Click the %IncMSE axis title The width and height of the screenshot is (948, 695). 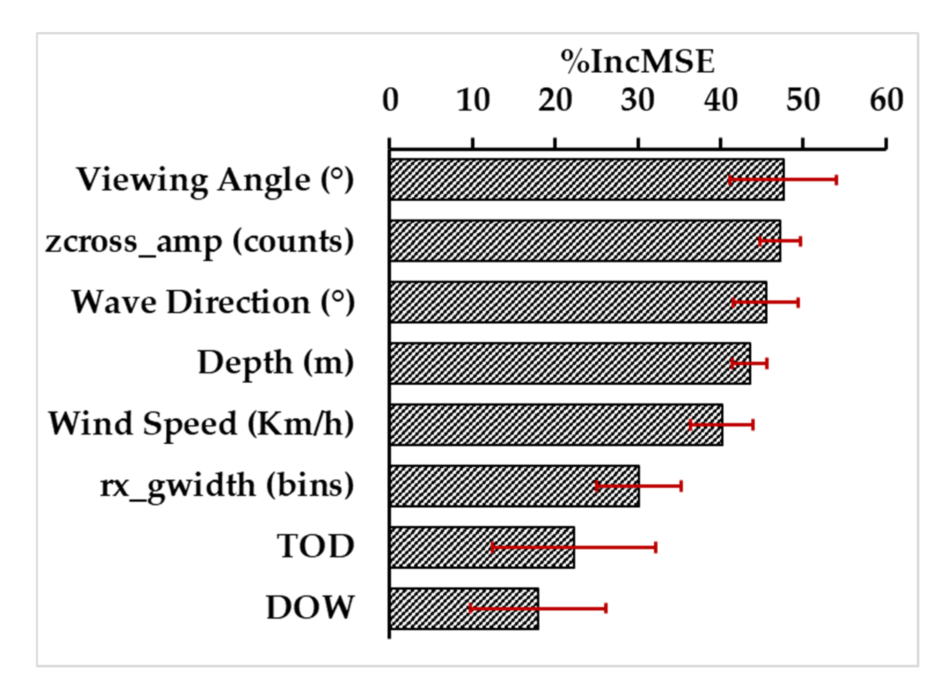(637, 62)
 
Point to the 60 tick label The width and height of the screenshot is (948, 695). (886, 100)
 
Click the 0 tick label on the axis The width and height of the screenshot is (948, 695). (390, 100)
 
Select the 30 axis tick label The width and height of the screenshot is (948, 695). (637, 100)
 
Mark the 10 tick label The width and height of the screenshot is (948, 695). (473, 100)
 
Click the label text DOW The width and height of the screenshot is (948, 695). (310, 608)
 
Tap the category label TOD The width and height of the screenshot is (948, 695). (315, 546)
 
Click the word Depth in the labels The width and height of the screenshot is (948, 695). (244, 363)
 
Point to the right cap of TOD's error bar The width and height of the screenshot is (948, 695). (655, 547)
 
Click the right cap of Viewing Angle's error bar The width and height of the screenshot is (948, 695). (836, 180)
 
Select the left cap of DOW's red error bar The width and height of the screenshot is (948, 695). (470, 609)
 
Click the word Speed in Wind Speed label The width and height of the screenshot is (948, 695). (190, 424)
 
